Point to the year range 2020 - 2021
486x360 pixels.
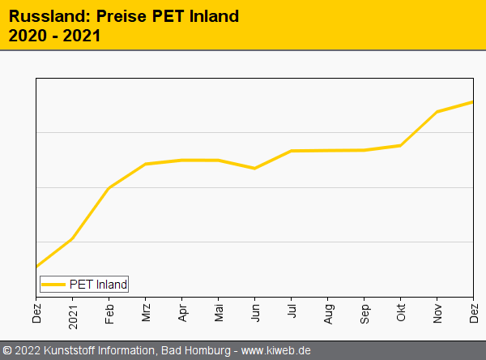point(55,36)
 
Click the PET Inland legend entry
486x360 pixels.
point(98,284)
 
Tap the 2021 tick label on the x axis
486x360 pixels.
point(73,311)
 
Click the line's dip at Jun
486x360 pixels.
point(255,168)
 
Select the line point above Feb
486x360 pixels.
point(109,187)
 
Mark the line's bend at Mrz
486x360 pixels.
point(146,164)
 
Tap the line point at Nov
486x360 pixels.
point(437,111)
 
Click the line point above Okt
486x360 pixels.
point(401,145)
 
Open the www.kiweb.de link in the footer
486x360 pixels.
point(276,351)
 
